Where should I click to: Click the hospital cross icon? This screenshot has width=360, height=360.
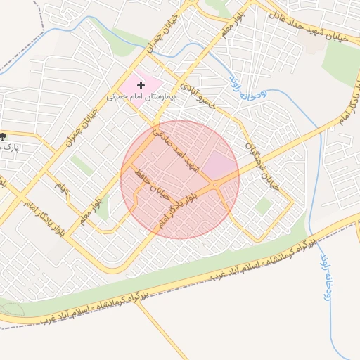[x=141, y=84]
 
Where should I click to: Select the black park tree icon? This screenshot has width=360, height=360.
[x=4, y=136]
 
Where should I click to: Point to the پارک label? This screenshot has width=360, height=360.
[x=10, y=147]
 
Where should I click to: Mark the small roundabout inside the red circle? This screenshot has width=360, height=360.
[x=214, y=184]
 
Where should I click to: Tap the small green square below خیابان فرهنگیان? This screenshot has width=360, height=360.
[x=264, y=206]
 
